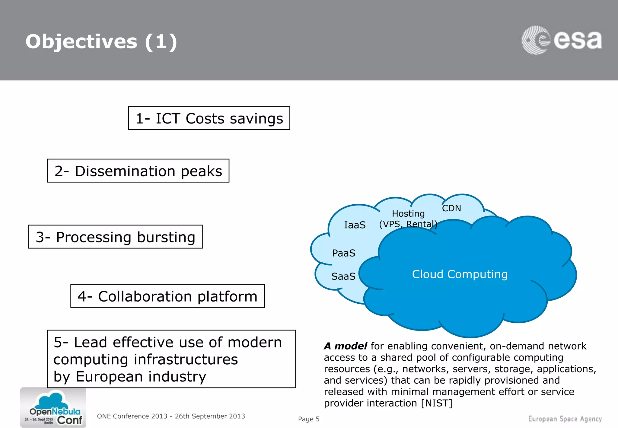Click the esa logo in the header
pos(561,40)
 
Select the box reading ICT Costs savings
pos(209,118)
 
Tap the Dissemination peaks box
pos(138,171)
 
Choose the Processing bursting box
pos(115,237)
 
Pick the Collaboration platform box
pos(167,296)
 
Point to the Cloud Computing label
pos(460,274)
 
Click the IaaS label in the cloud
pos(355,225)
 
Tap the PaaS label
pos(343,253)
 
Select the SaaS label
pos(343,276)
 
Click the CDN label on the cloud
pos(451,208)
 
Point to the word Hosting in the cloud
pos(408,214)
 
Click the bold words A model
pos(345,346)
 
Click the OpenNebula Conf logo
pos(53,407)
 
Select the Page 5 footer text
pos(308,419)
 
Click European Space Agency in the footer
pos(565,419)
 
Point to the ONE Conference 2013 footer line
pos(171,416)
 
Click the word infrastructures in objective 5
pos(186,359)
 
